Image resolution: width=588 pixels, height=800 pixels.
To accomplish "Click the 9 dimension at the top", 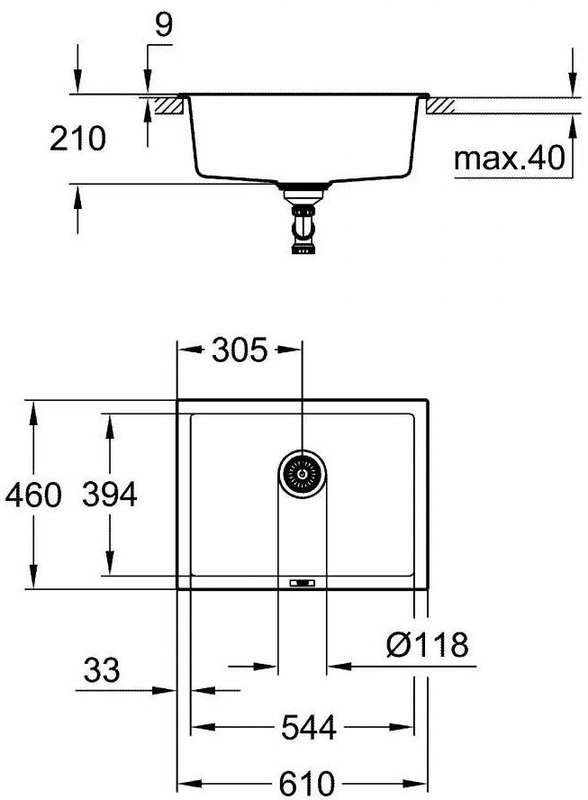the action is coord(164,25).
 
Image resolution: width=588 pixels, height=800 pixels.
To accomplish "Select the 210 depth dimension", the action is coord(77,139).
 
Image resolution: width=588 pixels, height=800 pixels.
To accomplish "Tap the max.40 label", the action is coord(509,159).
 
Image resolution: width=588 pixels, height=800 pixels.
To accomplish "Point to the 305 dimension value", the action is coord(240,350).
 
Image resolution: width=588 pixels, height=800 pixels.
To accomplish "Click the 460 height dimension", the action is coord(33,495).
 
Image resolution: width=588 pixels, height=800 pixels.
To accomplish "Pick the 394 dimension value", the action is coord(110,495).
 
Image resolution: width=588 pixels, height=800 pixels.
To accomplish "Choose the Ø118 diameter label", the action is coord(427,644).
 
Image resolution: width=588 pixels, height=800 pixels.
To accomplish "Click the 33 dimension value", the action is coord(102,670).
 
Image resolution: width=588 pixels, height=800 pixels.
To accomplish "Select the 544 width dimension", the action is coord(309,727).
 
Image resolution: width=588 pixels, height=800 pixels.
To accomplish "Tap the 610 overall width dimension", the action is coord(307,783).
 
